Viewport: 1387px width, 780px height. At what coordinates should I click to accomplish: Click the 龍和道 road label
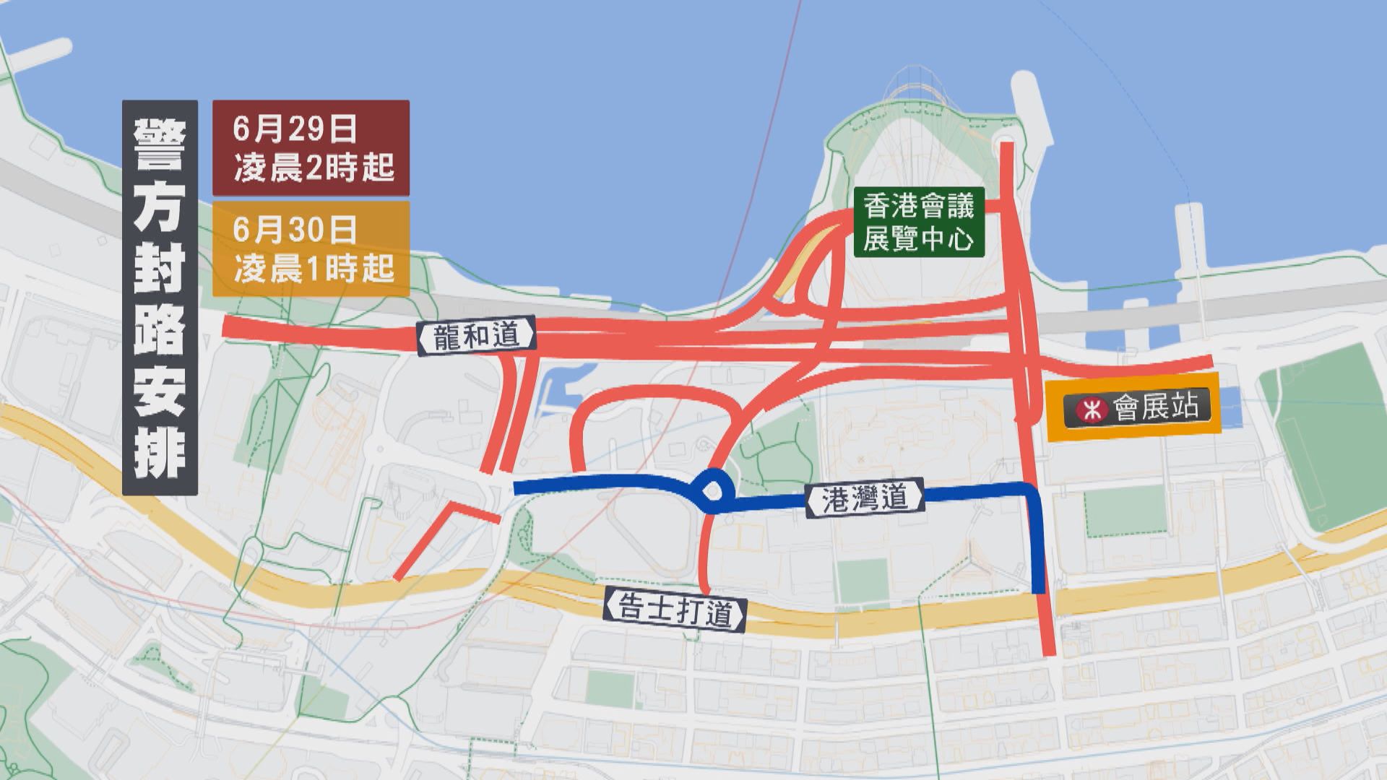pos(477,336)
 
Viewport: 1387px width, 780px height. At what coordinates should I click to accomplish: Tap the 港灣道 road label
pos(865,498)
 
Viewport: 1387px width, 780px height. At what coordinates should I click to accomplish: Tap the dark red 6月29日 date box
pos(311,148)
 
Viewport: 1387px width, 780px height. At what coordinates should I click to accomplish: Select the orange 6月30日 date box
pos(311,248)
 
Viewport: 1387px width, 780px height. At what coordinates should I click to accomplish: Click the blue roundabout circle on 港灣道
pos(712,492)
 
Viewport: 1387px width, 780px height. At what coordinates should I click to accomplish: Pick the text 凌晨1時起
pos(314,269)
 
